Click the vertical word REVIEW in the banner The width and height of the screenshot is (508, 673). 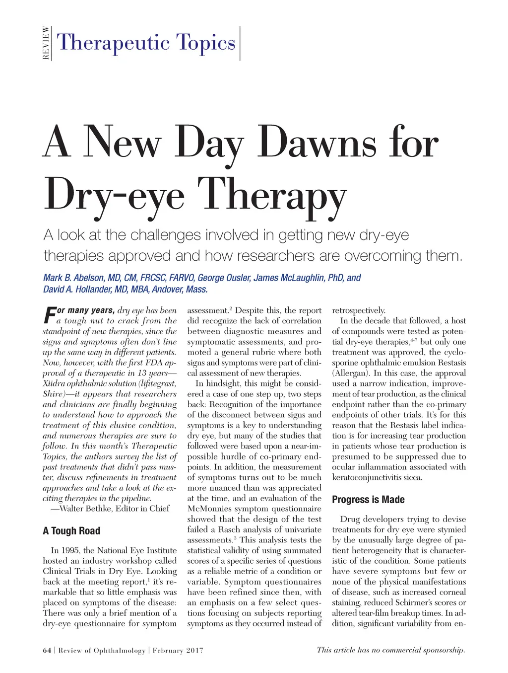point(46,43)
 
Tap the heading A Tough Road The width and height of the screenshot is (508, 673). point(71,531)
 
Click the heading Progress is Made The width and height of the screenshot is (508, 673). point(368,500)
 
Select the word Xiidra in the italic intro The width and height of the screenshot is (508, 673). point(55,383)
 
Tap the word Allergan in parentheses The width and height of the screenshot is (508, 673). point(350,373)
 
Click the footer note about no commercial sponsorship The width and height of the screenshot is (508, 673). point(391,650)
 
